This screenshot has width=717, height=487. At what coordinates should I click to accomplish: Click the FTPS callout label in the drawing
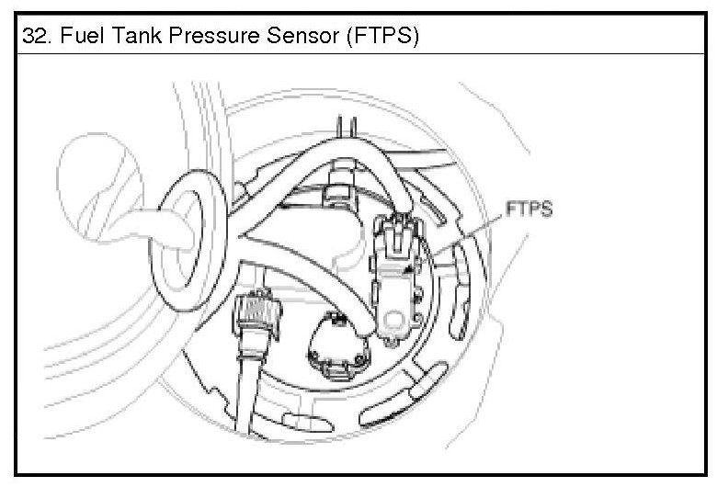529,210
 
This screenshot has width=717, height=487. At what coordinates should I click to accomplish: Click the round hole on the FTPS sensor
395,320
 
